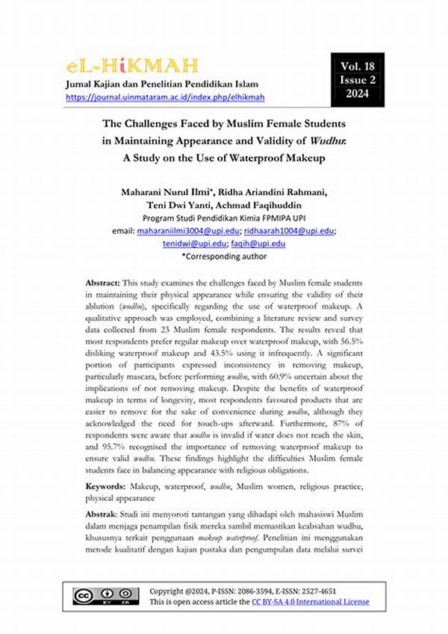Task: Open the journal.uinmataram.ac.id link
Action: coord(165,97)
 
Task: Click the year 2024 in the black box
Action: coord(357,93)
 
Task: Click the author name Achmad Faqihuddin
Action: coord(264,205)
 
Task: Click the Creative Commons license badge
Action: coord(105,596)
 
